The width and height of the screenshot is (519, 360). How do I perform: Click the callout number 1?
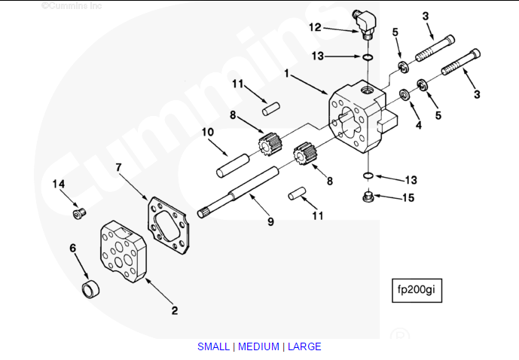[x=287, y=74]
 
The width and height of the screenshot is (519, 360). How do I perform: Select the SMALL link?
[x=214, y=346]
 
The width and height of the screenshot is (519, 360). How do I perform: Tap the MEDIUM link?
[x=258, y=346]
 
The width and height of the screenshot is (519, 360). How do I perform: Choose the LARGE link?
[x=304, y=346]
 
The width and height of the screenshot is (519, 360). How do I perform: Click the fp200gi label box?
[x=416, y=290]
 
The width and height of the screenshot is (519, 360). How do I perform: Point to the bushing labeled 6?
[x=91, y=287]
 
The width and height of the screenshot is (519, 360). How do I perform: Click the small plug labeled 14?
[x=78, y=214]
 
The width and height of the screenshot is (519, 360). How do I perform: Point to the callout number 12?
[x=315, y=26]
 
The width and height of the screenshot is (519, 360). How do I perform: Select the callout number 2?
[x=174, y=309]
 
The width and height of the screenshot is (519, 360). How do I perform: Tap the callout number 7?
[x=118, y=166]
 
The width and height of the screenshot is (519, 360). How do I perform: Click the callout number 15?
[x=408, y=199]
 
